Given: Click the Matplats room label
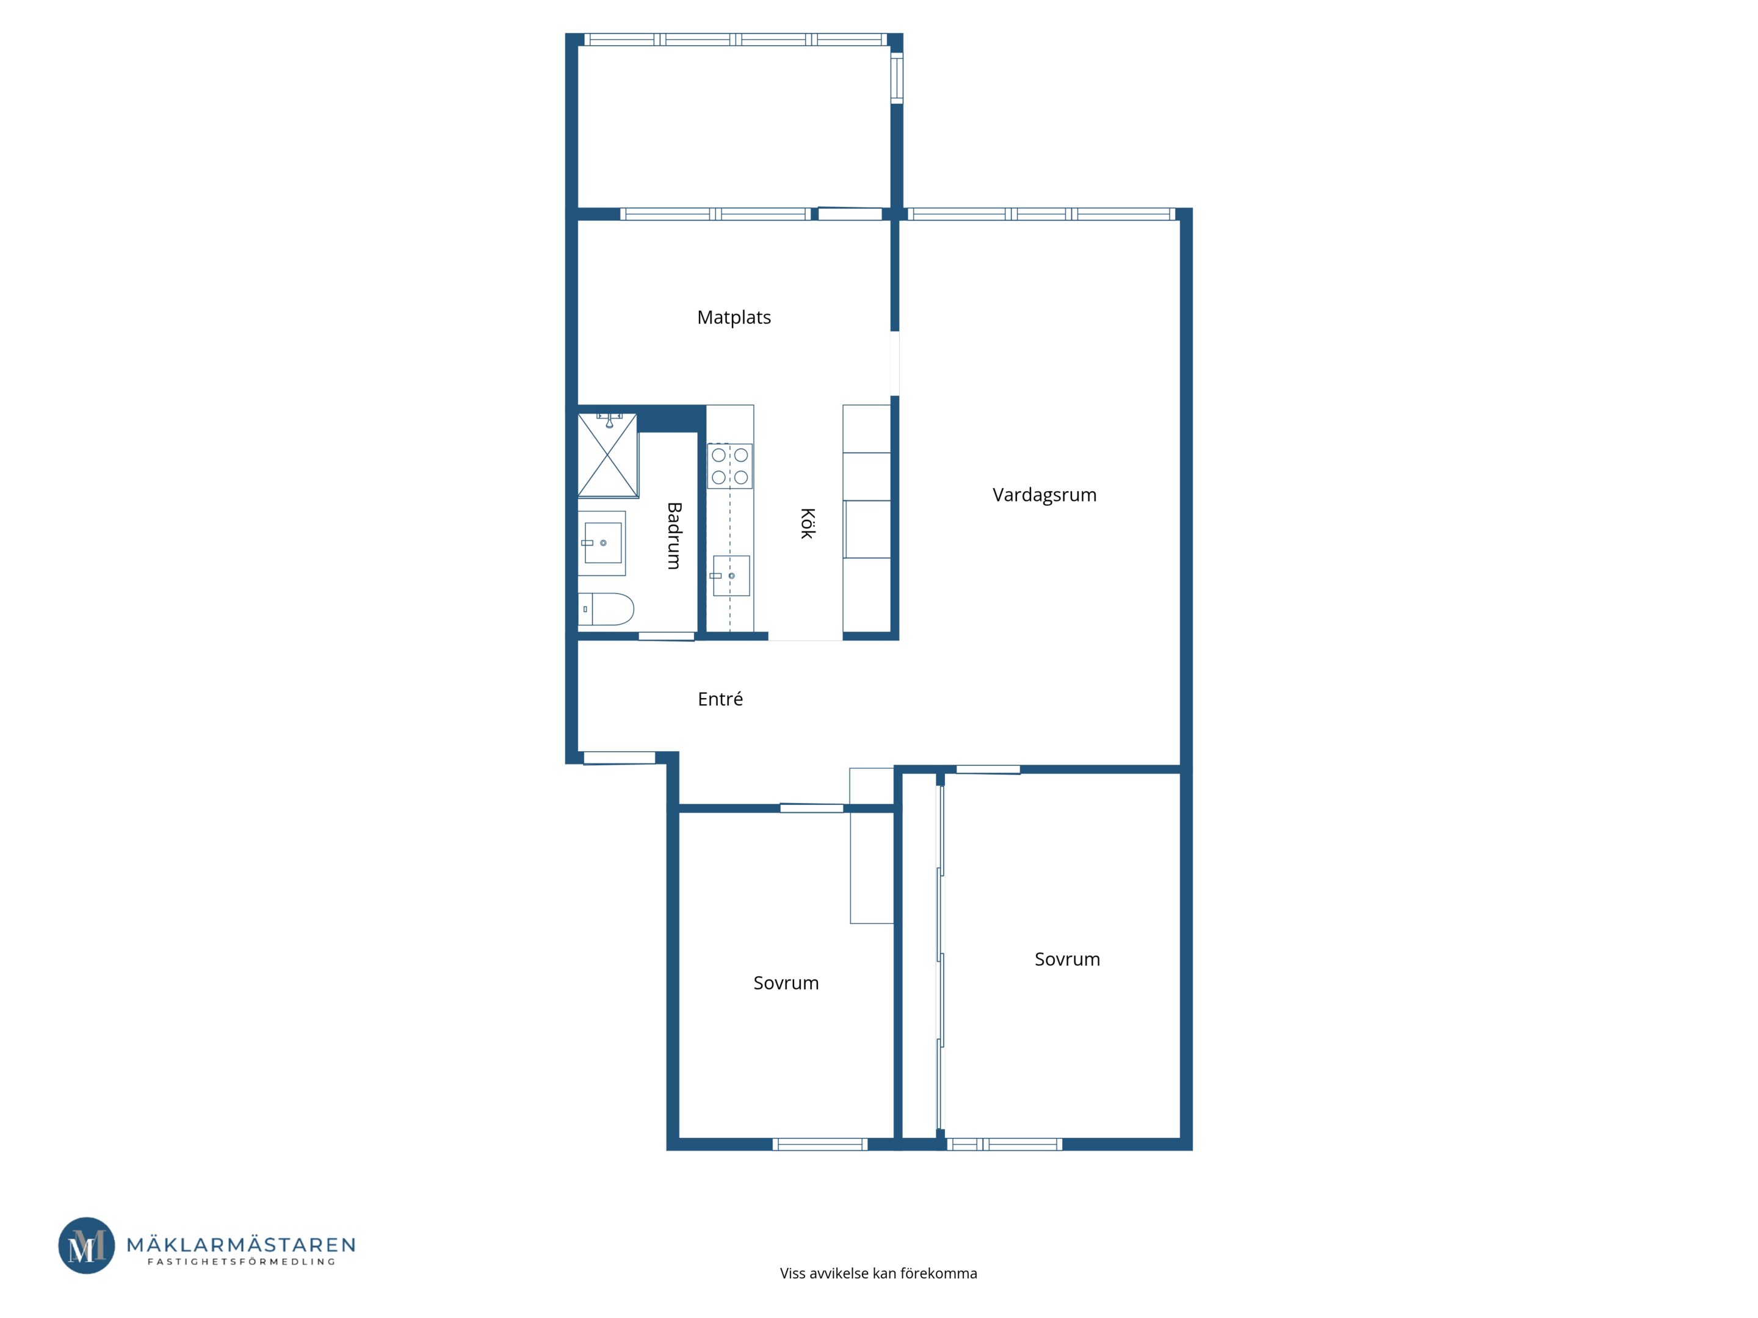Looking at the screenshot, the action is tap(734, 318).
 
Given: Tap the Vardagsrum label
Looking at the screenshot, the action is tap(1044, 495).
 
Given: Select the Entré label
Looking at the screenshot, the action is tap(720, 699).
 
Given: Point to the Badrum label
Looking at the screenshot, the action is tap(674, 536).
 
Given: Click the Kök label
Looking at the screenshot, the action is tap(808, 524).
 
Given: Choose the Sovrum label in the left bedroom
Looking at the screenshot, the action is tap(786, 983).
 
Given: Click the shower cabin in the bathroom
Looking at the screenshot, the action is tap(608, 455).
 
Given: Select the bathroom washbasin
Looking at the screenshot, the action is tap(602, 542).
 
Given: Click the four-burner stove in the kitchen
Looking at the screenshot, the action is tap(729, 466).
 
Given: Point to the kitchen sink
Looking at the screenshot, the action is tap(731, 575).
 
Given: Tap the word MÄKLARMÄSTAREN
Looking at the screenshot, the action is tap(241, 1244).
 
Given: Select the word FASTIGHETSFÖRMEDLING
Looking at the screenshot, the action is tap(241, 1262).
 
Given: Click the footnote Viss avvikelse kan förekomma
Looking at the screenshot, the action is tap(878, 1273).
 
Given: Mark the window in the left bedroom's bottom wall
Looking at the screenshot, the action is tap(819, 1144).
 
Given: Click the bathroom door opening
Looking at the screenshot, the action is tap(667, 636).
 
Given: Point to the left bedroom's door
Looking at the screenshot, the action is tap(811, 808).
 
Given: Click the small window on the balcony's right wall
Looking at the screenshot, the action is tap(897, 78).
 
